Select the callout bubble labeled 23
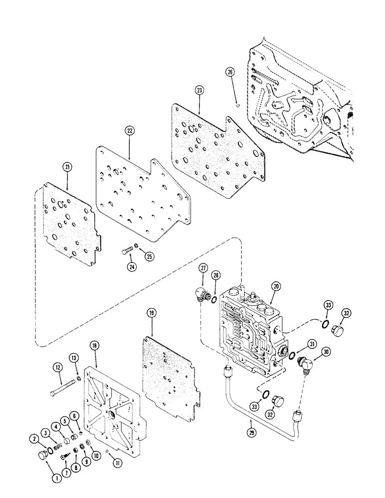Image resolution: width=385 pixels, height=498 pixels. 199,91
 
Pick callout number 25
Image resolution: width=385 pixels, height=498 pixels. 149,256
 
